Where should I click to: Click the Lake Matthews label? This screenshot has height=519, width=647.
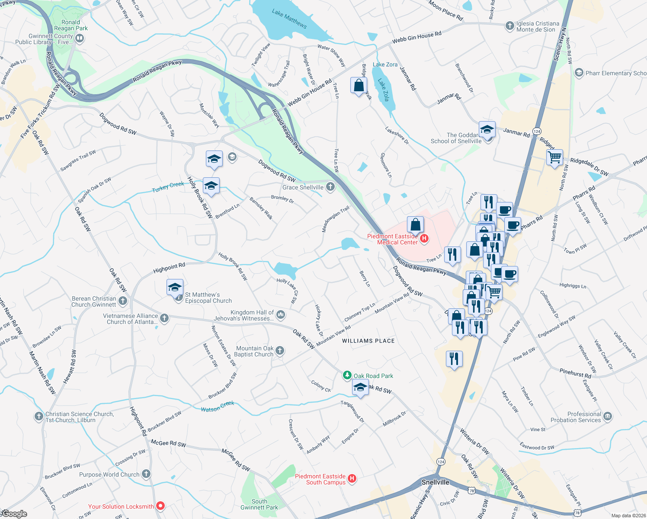pos(289,19)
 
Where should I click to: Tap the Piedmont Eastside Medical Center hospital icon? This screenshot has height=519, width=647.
pos(424,238)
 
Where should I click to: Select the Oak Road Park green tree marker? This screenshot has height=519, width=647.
pos(347,375)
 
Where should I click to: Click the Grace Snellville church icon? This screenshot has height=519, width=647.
pos(330,187)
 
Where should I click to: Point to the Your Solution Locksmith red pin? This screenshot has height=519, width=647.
pos(160,506)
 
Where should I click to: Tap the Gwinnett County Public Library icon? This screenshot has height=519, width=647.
pos(80,38)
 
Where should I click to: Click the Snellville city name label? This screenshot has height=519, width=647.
pos(435,482)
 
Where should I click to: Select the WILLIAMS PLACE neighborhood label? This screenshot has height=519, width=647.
pos(368,341)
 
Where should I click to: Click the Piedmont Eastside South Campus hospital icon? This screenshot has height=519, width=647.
pos(352,478)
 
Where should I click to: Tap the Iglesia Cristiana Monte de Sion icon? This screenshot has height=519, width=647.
pos(510,26)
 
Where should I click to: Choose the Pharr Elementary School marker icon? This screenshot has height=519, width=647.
pos(579,73)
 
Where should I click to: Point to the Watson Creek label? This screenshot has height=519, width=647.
pos(218,406)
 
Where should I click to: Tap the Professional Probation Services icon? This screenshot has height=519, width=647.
pos(608,416)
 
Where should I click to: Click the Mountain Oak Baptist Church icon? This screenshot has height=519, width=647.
pos(280,351)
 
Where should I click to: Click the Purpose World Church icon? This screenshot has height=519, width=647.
pos(146,474)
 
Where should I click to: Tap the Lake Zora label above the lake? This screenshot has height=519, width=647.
pos(385,64)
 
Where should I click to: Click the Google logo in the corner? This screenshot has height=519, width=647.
pos(14,514)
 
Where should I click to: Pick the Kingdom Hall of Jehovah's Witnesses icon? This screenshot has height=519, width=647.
pos(281,314)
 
